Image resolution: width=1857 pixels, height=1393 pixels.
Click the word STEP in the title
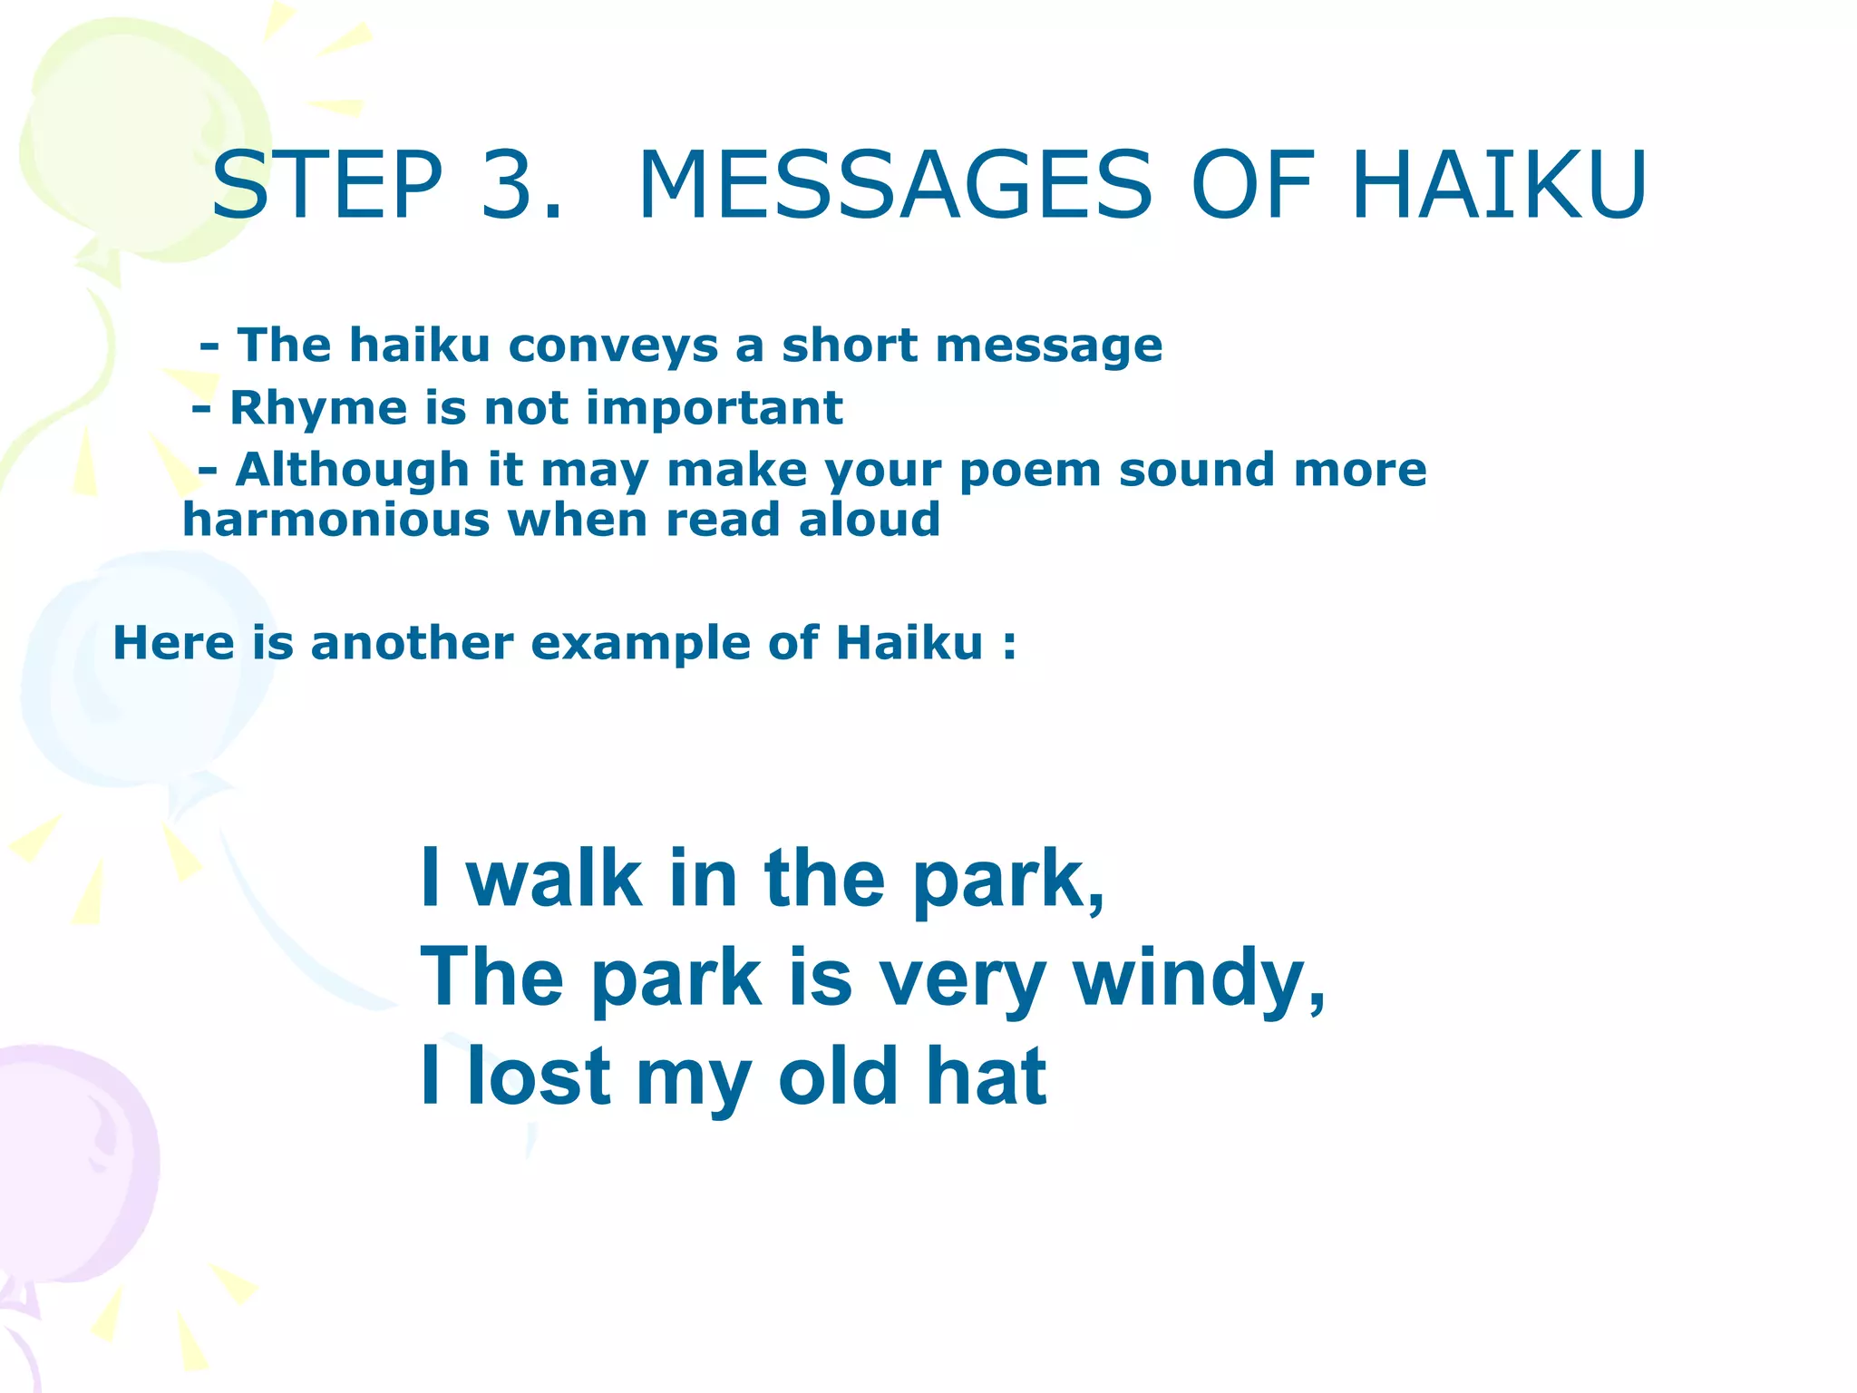327,186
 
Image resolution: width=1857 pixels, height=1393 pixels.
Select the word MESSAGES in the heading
895,186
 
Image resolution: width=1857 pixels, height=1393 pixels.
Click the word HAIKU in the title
1498,186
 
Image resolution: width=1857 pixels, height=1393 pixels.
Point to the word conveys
614,346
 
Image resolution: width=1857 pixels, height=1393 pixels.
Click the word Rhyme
318,409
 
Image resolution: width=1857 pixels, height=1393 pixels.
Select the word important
715,407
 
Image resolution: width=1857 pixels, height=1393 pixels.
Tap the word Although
352,471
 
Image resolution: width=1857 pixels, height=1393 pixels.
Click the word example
641,643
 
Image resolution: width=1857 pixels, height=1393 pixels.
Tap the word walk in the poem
554,879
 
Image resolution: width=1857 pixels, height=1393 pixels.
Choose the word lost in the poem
539,1077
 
